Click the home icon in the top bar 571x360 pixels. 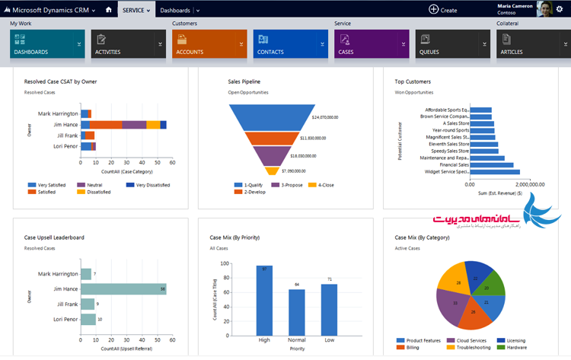(109, 9)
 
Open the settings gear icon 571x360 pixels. (560, 9)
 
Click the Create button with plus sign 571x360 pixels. (443, 10)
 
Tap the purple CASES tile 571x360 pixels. (366, 45)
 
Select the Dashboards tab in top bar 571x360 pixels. (176, 10)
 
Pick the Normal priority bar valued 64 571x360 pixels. (296, 311)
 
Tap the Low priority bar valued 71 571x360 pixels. (329, 308)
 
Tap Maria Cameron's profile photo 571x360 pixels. (544, 9)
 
